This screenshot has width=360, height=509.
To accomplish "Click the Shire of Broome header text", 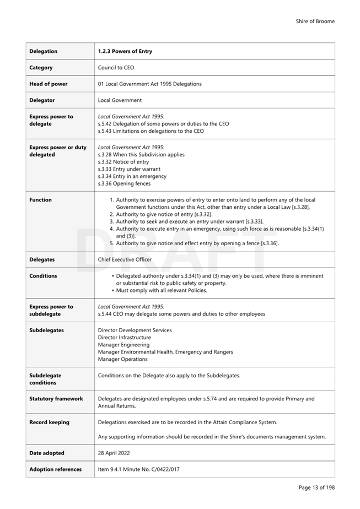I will pos(315,21).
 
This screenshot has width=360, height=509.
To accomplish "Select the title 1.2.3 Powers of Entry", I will pos(125,51).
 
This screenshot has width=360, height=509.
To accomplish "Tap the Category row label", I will pos(41,68).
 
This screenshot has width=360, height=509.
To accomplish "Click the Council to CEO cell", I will pos(116,68).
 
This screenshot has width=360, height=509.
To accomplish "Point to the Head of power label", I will pos(49,84).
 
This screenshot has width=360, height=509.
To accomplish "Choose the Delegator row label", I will pos(42,100).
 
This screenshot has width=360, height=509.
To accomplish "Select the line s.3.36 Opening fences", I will pos(124,183).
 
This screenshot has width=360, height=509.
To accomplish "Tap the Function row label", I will pos(40,200).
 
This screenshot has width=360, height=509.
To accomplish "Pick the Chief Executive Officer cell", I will pos(125,259).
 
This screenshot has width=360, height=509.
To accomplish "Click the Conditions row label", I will pos(43,276).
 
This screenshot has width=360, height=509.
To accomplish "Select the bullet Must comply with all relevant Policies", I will pos(162,290).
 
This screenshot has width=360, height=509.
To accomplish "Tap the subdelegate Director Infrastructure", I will pos(124,338).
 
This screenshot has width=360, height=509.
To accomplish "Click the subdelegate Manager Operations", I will pos(122,359).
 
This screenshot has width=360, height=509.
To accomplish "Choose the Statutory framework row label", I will pos(56,399).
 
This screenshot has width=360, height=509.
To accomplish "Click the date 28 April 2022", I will pos(116,453).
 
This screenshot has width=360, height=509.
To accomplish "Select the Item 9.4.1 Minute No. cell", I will pos(138,469).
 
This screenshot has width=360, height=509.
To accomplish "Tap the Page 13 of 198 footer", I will pos(316,488).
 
